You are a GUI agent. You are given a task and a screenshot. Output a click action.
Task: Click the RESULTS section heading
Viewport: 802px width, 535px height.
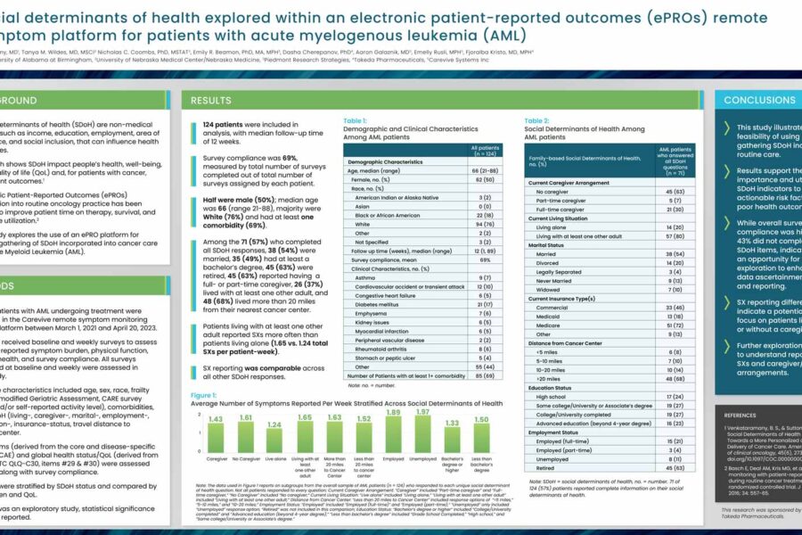coord(211,101)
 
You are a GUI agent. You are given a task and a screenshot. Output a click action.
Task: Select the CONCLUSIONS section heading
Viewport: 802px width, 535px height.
coord(759,101)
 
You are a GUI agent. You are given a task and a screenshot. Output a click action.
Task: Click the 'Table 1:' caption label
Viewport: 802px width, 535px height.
coord(359,120)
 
